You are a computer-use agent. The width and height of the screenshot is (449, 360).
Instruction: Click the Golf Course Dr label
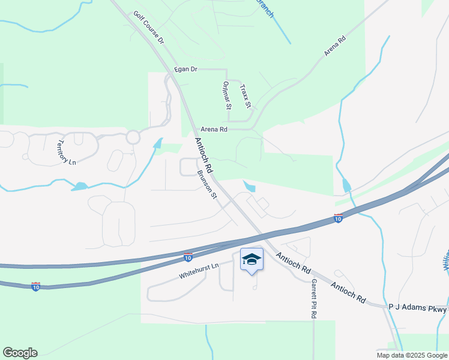[x=148, y=29]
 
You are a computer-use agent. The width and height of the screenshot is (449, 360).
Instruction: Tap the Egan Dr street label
[x=185, y=70]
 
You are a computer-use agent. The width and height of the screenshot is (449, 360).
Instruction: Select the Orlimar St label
[x=226, y=95]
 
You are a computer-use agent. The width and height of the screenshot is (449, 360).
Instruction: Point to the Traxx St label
[x=245, y=96]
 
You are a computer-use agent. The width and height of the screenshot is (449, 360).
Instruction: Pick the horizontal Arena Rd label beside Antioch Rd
[x=214, y=129]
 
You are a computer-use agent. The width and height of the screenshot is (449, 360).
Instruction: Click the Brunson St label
[x=206, y=185]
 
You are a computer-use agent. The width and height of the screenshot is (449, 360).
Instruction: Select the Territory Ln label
[x=67, y=153]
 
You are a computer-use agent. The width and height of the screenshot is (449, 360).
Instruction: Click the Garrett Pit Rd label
[x=313, y=298]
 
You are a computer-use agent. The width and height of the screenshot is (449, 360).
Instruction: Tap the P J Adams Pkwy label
[x=417, y=308]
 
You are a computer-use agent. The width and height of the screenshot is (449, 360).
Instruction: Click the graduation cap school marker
[x=252, y=260]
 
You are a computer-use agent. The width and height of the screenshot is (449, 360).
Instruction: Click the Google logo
[x=20, y=353]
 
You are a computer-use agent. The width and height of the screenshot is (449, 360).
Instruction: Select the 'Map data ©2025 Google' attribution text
[x=411, y=355]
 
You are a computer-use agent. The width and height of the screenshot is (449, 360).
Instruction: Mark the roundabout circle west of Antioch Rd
[x=133, y=137]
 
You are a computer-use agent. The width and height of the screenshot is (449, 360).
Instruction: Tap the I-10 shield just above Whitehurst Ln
[x=188, y=257]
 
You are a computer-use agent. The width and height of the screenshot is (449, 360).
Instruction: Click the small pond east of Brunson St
[x=249, y=187]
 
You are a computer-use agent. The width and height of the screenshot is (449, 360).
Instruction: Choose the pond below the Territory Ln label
[x=79, y=187]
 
